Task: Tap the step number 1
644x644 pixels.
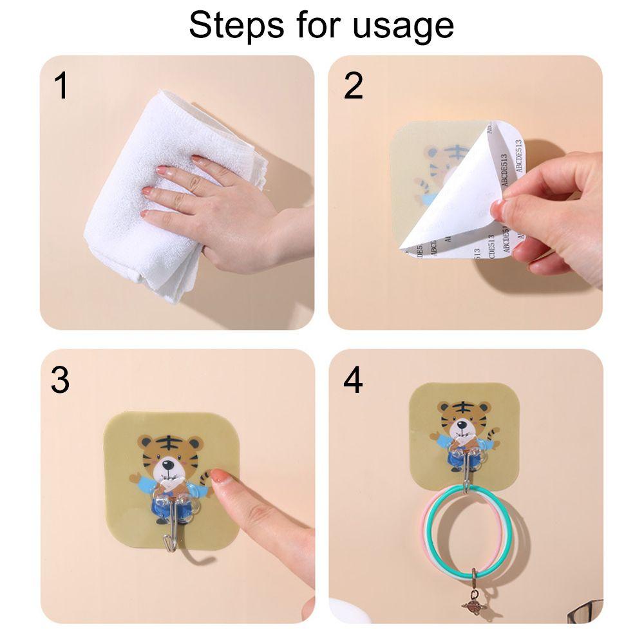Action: tap(61, 86)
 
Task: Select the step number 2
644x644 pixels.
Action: tap(353, 86)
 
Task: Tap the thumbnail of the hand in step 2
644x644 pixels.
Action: tap(499, 209)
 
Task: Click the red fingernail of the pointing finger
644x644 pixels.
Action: tap(220, 477)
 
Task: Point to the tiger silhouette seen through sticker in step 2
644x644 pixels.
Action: tap(438, 171)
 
